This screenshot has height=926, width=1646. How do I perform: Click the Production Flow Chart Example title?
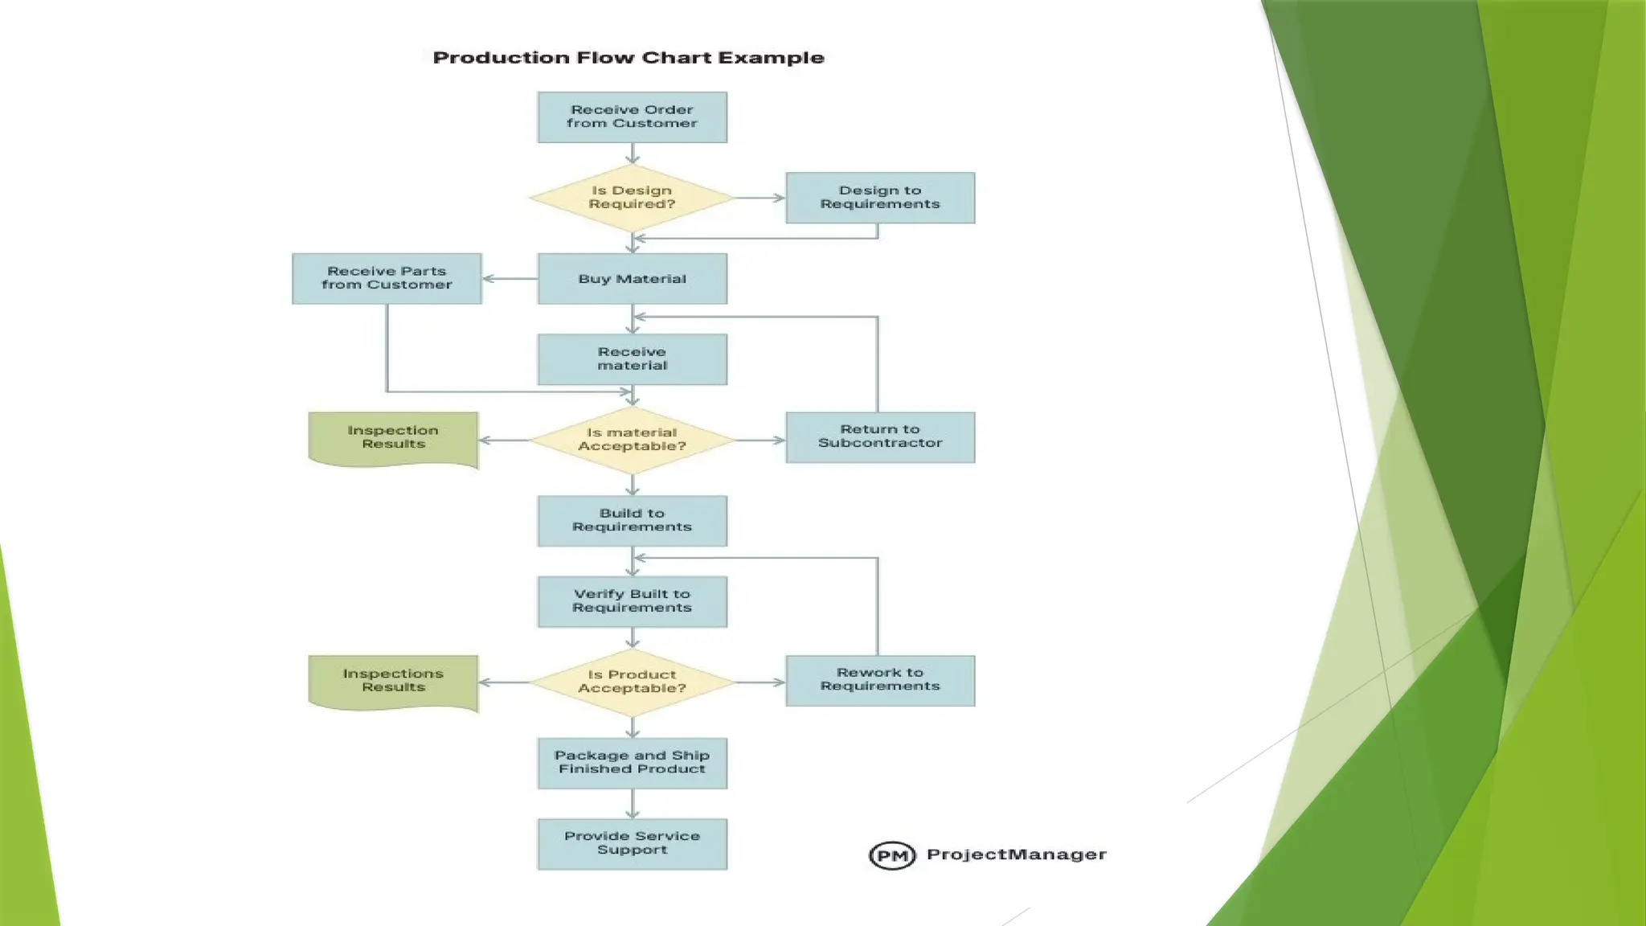(x=628, y=58)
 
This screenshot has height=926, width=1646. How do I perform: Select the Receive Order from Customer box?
(x=632, y=117)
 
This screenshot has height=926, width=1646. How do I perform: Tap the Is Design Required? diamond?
(x=632, y=198)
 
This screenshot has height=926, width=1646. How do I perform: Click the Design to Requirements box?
(x=879, y=198)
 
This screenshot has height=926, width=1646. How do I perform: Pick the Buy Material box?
(x=632, y=279)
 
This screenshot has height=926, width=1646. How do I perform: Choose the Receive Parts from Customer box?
(x=387, y=279)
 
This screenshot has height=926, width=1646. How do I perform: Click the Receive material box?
(x=632, y=359)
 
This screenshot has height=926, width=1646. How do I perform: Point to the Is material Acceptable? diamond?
(x=632, y=440)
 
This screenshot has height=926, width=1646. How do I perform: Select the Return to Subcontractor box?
(x=879, y=437)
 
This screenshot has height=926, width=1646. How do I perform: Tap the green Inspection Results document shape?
(x=393, y=438)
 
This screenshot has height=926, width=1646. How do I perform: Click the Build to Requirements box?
(x=632, y=521)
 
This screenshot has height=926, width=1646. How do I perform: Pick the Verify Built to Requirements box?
(x=632, y=601)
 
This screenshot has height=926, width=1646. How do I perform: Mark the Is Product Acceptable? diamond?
(x=632, y=682)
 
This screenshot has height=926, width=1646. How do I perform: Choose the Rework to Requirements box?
(x=879, y=680)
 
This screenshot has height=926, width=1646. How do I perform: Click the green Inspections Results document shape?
(x=393, y=682)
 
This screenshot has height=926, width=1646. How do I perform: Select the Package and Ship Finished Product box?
(x=632, y=763)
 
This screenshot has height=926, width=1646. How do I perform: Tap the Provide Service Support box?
(x=632, y=844)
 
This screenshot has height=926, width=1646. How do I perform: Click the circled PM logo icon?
(x=892, y=855)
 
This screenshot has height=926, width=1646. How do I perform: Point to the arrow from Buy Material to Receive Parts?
(x=510, y=279)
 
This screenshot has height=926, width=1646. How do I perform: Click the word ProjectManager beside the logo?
(x=1016, y=854)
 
